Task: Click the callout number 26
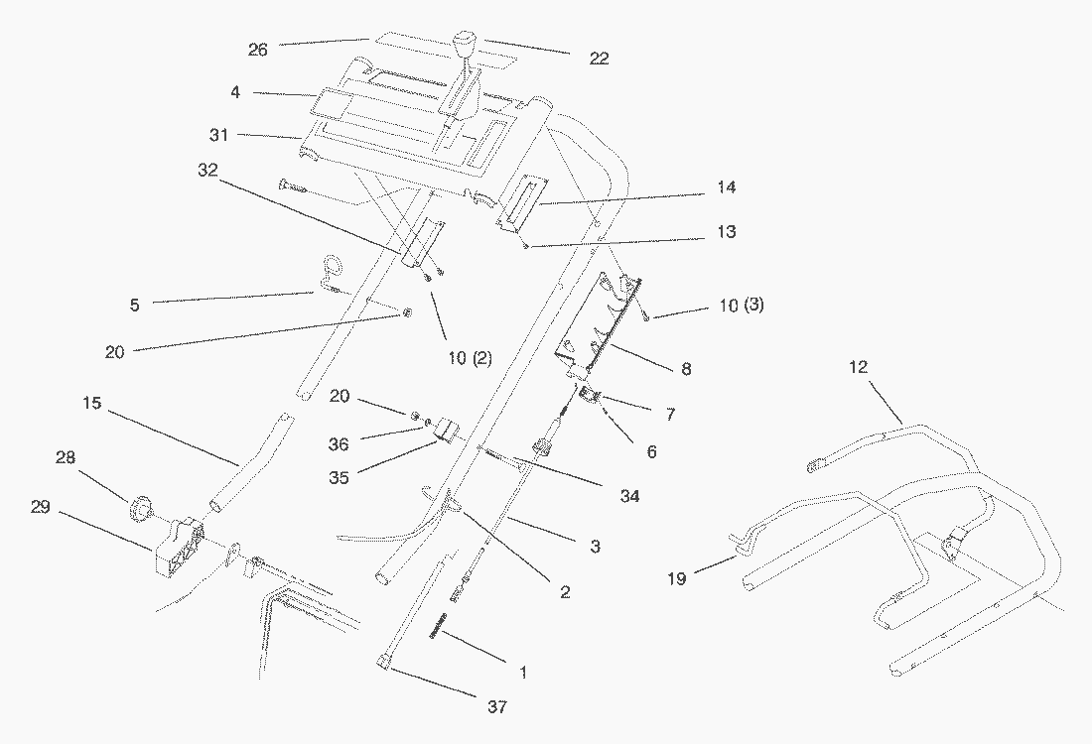point(258,51)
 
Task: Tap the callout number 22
point(599,59)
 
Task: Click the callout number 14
point(726,187)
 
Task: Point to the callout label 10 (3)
point(741,305)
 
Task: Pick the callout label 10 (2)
point(471,358)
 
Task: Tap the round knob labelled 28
point(141,508)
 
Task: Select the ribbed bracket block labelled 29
point(179,548)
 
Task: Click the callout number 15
point(91,403)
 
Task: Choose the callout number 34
point(629,496)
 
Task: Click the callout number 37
point(496,707)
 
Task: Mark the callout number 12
point(859,367)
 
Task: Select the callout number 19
point(677,578)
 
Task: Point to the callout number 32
point(207,170)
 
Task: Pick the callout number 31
point(219,134)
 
